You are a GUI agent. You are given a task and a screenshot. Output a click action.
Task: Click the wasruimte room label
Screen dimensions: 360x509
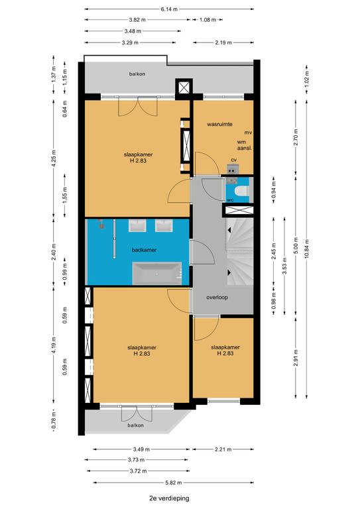coord(219,124)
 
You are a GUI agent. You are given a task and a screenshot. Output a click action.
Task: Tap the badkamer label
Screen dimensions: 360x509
coord(144,250)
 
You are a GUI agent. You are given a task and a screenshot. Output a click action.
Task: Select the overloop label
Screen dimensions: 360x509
coord(217,298)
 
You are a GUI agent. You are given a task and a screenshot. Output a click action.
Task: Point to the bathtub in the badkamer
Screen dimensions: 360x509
coord(156,273)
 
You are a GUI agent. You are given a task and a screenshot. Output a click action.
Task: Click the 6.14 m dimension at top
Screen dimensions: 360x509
coord(169,9)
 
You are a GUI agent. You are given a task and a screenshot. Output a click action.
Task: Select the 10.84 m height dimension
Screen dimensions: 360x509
coord(307,249)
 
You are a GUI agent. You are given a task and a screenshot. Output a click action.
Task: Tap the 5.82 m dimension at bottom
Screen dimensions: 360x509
coord(173,482)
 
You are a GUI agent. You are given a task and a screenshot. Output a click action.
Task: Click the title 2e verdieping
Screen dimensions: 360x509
coord(169,498)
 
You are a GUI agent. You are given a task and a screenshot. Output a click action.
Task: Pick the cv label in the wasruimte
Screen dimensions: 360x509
coord(234,160)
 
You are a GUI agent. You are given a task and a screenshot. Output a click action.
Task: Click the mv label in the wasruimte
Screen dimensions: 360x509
coord(249,133)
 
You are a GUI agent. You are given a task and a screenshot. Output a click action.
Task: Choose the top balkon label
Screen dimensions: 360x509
coord(137,74)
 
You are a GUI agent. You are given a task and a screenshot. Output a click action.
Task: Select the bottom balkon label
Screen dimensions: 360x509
coord(135,425)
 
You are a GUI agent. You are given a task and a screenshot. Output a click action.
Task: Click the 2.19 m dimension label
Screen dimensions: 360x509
coord(223,42)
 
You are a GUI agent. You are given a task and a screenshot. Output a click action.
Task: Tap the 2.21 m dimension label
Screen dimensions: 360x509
coord(223,449)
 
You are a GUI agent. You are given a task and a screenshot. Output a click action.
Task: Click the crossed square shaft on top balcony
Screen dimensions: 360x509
coord(184,87)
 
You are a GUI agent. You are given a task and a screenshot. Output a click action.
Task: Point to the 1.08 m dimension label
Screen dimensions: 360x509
coord(208,20)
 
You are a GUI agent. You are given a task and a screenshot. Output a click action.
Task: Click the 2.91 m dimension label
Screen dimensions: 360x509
coord(296,358)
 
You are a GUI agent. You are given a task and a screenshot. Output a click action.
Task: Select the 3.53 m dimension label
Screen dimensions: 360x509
coord(284,266)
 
